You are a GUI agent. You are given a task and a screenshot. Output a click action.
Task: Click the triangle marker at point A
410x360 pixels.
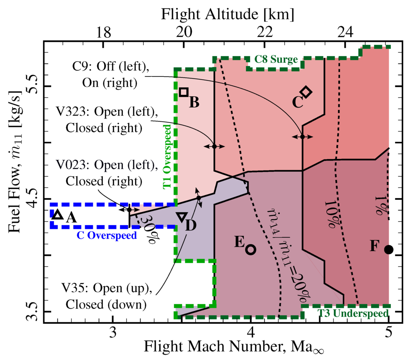[58, 215]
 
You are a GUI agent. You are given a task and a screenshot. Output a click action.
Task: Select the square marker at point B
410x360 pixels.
[184, 92]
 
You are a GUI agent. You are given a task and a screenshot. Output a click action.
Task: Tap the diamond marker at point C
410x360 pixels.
[306, 92]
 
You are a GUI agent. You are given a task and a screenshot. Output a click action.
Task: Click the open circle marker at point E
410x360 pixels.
[251, 249]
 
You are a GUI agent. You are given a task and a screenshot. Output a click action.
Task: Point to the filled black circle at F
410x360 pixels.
[388, 249]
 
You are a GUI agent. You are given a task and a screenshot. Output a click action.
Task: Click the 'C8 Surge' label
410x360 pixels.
[276, 60]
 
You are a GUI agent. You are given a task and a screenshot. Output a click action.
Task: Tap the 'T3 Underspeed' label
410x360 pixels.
[352, 314]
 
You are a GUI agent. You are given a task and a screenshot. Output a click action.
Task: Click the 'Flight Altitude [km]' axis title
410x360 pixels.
[228, 14]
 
